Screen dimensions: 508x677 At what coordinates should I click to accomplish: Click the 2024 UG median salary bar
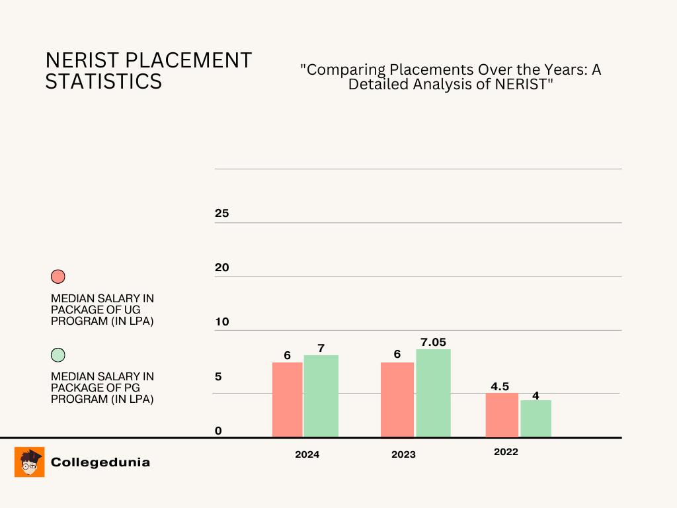pos(287,400)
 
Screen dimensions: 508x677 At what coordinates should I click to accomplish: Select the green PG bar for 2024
pos(321,396)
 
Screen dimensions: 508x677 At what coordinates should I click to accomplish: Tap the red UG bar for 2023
pos(397,400)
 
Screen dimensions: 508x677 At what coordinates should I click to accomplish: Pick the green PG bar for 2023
pos(433,393)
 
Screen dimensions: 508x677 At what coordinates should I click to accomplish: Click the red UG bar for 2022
pos(502,415)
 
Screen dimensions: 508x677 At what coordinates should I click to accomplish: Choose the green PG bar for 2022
pos(536,418)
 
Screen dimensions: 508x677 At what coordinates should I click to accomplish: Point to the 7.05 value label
pos(433,342)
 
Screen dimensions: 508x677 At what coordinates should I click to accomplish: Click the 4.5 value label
pos(500,386)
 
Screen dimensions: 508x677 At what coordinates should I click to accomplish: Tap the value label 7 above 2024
pos(321,348)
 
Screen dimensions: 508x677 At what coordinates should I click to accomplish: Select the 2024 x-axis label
pos(307,454)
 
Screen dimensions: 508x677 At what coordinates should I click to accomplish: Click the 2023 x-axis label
pos(403,454)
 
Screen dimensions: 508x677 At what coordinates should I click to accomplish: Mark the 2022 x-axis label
pos(506,452)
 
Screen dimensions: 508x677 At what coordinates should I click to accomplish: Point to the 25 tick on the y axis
pos(221,214)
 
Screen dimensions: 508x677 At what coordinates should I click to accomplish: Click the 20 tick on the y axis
pos(221,267)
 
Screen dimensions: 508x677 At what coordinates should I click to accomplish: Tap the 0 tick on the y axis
pos(218,431)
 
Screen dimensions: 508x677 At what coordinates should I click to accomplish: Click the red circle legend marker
pos(58,276)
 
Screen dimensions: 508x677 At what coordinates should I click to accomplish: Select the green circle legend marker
pos(58,355)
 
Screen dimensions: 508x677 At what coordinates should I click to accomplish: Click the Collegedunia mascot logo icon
pos(29,462)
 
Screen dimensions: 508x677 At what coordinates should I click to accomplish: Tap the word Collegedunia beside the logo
pos(100,462)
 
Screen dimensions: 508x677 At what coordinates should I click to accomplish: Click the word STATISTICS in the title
pos(104,81)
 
